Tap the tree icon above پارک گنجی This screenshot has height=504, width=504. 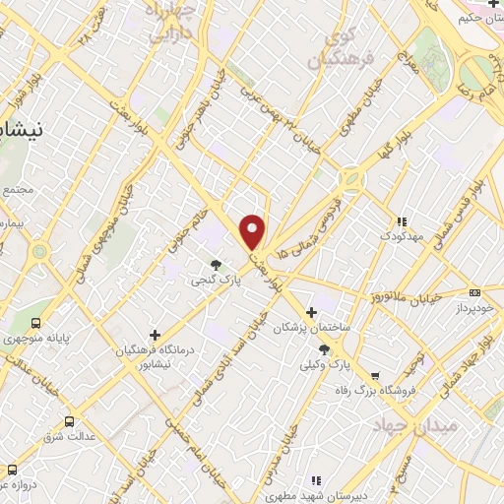click(217, 264)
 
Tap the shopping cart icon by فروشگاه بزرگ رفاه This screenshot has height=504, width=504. click(375, 375)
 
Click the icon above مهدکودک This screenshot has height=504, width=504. click(401, 222)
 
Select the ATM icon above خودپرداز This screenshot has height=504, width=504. click(474, 292)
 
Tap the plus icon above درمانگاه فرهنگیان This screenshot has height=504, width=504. click(155, 335)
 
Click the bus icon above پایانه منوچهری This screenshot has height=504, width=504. click(37, 323)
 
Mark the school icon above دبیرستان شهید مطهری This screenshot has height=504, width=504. click(316, 480)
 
